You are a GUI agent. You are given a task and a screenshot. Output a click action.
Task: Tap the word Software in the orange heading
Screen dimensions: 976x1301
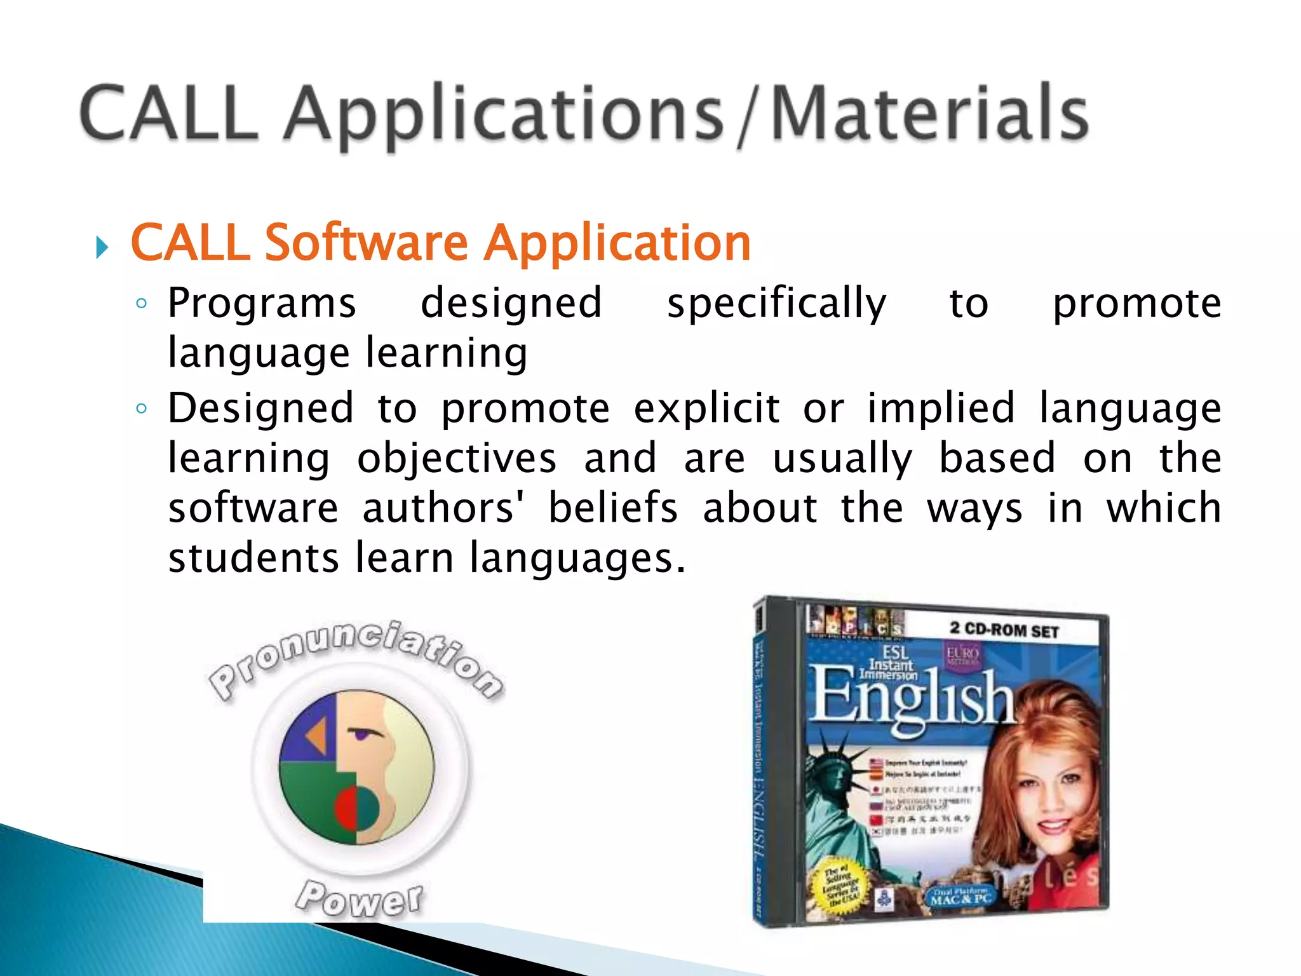tap(366, 243)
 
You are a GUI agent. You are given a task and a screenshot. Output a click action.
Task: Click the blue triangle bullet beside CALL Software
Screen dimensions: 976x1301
tap(102, 247)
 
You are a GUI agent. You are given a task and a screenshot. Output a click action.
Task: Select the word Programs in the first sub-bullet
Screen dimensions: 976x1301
tap(262, 303)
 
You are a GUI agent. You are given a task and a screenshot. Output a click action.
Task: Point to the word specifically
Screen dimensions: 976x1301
tap(776, 304)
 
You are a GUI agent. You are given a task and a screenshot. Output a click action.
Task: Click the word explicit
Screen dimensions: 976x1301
tap(706, 409)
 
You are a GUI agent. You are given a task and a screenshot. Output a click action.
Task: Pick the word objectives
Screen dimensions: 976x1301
tap(456, 459)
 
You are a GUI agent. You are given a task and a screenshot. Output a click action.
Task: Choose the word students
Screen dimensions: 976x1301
tap(253, 558)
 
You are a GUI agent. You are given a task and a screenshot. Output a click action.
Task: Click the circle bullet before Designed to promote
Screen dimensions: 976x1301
tap(142, 409)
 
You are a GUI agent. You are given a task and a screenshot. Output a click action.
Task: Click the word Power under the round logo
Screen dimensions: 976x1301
tap(360, 898)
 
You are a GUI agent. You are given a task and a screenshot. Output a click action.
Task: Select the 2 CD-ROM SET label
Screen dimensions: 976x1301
tap(1004, 630)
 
